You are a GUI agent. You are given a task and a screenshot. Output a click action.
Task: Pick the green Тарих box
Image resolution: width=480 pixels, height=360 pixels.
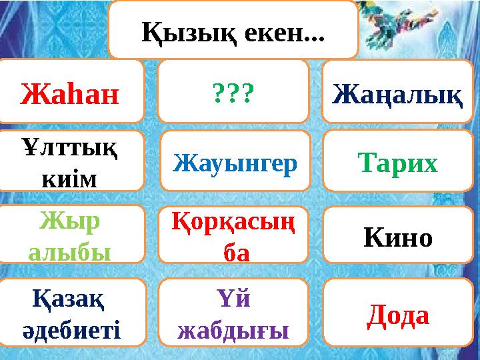(x=398, y=162)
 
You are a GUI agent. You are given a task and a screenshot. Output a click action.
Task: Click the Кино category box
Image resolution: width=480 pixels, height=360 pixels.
(x=398, y=236)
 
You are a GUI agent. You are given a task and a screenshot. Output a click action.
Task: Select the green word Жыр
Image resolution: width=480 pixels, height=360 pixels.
(x=69, y=221)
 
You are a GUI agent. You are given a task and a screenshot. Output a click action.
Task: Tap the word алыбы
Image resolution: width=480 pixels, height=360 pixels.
(x=69, y=251)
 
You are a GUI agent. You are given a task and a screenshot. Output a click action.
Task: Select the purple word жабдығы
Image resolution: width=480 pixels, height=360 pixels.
(x=233, y=328)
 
